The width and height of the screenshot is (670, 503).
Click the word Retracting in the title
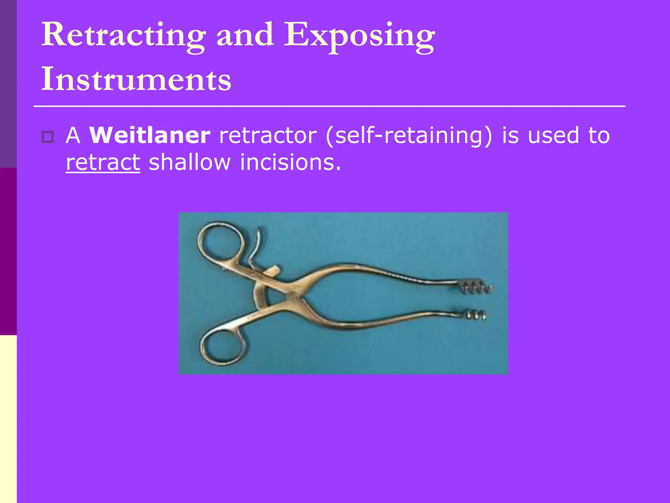[124, 35]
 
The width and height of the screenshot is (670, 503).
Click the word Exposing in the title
[359, 35]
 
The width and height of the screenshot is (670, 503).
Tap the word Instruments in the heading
[136, 79]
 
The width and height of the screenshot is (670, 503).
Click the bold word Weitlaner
[150, 135]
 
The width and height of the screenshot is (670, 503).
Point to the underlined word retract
[103, 162]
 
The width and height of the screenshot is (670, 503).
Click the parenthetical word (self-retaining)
[409, 136]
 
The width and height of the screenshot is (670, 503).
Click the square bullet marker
[48, 137]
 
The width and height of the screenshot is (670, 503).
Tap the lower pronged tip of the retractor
[475, 315]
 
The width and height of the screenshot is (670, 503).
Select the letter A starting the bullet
[73, 135]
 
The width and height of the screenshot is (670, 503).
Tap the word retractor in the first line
[268, 135]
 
